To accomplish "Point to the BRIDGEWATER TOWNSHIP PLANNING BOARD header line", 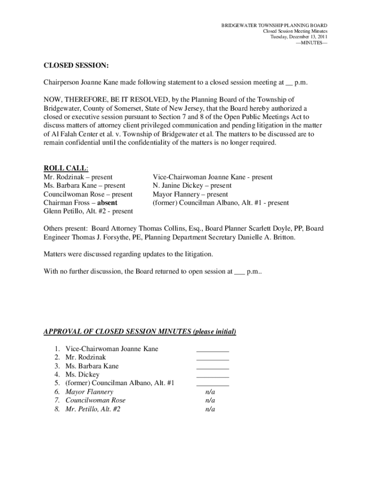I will [x=274, y=25].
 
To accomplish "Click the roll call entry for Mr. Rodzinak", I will [x=78, y=177].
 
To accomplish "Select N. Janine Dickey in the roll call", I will [x=192, y=185].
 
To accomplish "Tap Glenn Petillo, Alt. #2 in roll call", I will [x=88, y=211].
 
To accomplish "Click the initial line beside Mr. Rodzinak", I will [x=212, y=359].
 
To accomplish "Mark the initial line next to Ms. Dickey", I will [x=212, y=376].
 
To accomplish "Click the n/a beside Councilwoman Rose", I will [x=210, y=400].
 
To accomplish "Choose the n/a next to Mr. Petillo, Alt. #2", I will [x=210, y=409].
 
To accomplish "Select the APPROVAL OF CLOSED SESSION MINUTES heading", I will [x=140, y=332].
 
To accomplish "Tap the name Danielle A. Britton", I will [x=267, y=237].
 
